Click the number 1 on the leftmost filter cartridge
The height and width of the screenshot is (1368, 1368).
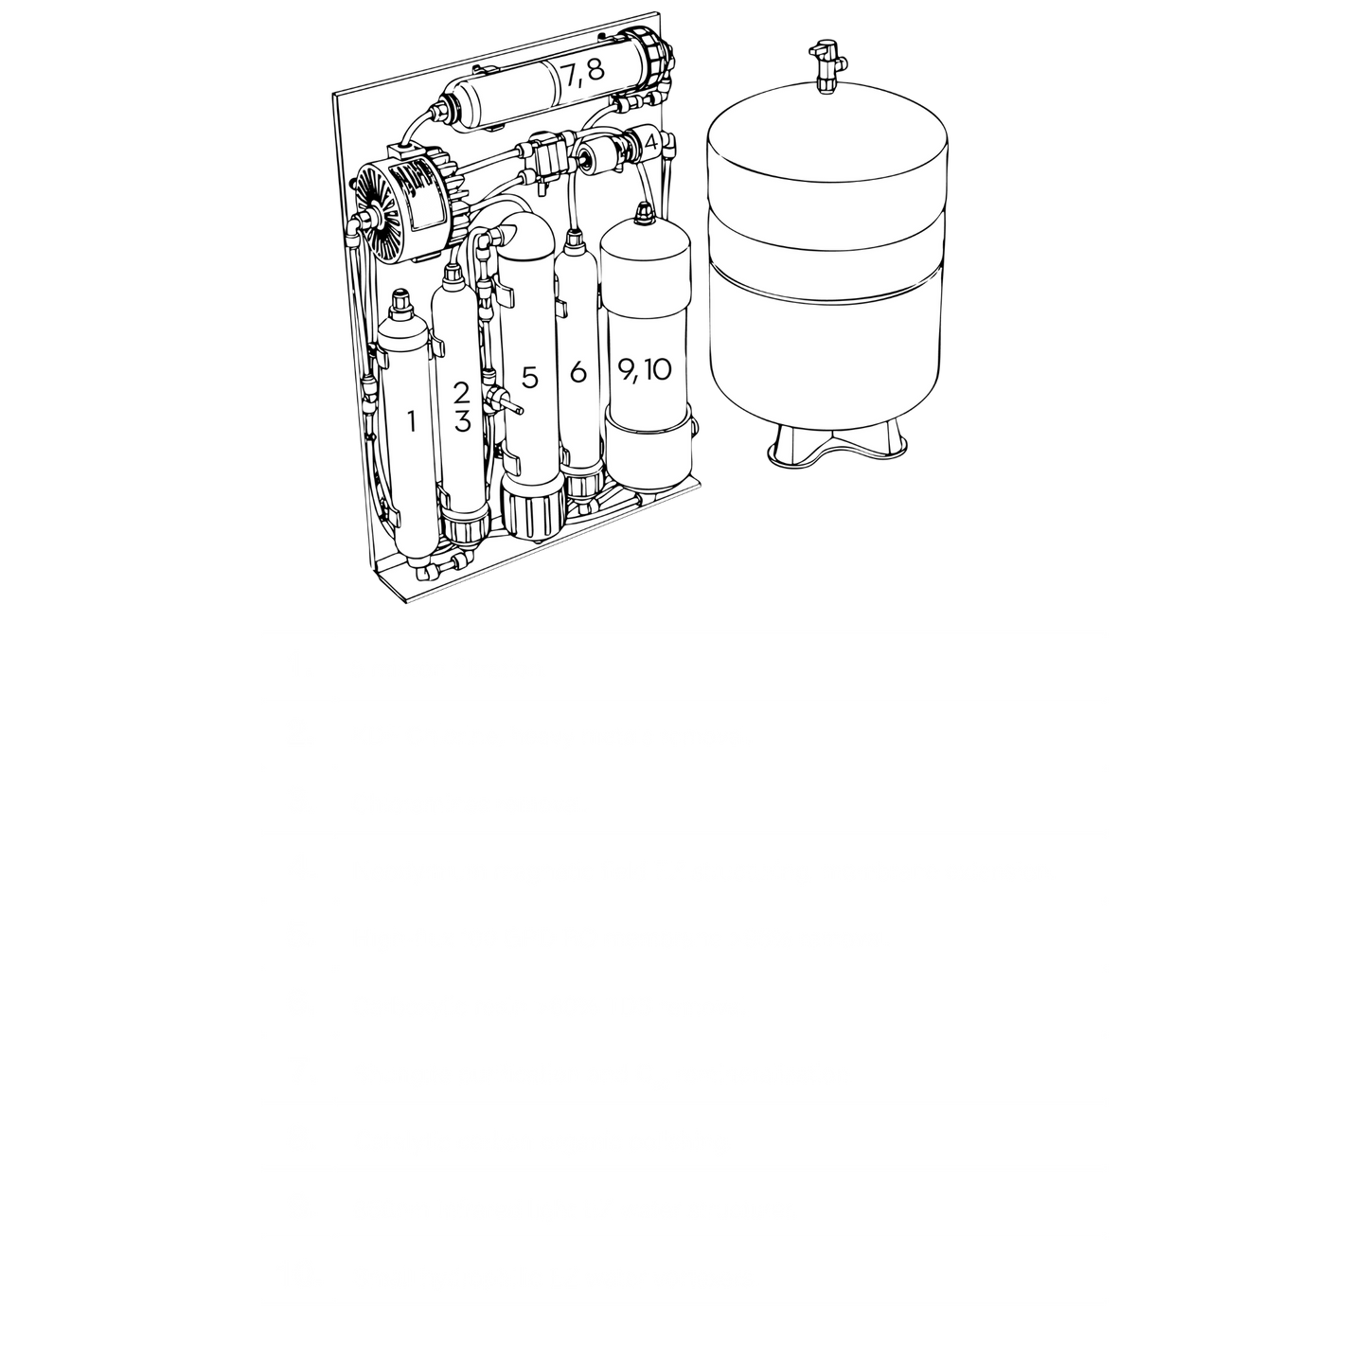411,422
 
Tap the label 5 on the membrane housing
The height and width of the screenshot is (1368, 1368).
529,379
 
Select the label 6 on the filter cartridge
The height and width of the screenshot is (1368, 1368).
577,372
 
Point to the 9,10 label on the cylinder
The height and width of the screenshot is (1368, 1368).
644,369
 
